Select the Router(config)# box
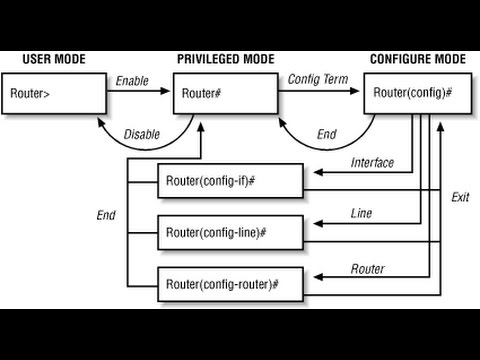(x=412, y=95)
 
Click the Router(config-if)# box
(x=229, y=182)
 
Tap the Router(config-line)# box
(x=229, y=232)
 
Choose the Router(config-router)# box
(x=229, y=283)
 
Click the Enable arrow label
(x=133, y=79)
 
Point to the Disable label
(x=141, y=135)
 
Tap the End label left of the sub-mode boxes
(x=106, y=213)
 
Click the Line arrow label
(x=362, y=213)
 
